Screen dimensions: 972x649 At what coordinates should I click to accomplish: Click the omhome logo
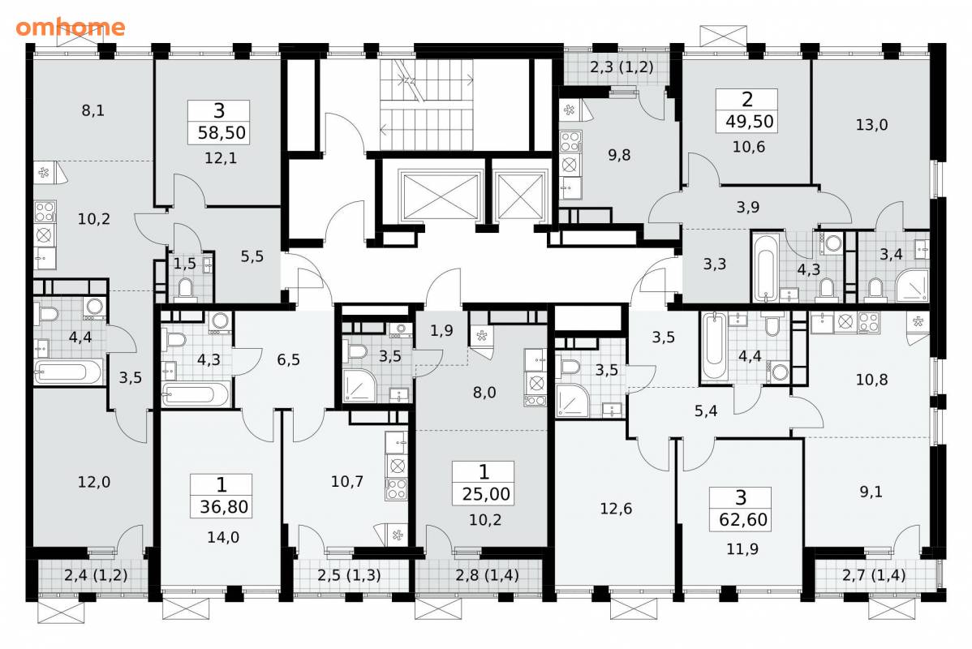[70, 28]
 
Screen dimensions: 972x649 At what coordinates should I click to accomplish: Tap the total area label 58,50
[221, 133]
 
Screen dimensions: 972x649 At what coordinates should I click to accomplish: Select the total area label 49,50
[749, 122]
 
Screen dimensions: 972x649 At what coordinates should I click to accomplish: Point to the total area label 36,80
[224, 507]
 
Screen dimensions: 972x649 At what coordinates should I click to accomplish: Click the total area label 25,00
[486, 494]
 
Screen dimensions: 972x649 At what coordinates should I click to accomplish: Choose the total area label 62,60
[743, 519]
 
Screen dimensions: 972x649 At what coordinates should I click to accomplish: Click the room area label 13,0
[871, 125]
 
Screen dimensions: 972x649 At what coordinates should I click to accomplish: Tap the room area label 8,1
[93, 111]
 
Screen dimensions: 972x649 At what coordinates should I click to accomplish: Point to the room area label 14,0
[223, 537]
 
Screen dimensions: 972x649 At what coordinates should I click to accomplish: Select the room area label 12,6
[616, 509]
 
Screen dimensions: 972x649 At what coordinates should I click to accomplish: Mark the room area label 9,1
[871, 492]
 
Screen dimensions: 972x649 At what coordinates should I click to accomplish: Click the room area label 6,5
[288, 359]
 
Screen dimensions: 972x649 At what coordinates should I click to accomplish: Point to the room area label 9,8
[619, 155]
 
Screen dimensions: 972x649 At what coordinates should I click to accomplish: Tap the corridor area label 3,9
[747, 207]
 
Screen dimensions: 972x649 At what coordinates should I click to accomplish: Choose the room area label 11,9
[742, 549]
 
